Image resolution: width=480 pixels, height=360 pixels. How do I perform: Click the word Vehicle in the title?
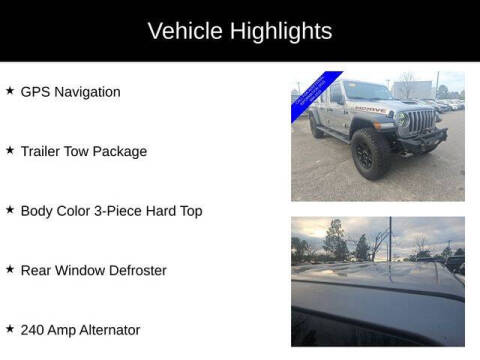tap(181, 31)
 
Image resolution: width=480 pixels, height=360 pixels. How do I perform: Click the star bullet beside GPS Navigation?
tap(10, 91)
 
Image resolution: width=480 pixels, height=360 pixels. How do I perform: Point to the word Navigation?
tap(89, 92)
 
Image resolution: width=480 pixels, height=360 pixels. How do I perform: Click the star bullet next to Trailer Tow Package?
tap(10, 151)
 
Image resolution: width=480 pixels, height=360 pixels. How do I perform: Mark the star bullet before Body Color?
tap(10, 210)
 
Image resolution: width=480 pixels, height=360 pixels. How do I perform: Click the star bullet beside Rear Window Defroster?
tap(10, 270)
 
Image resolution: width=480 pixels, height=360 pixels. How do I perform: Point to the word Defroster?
tap(135, 271)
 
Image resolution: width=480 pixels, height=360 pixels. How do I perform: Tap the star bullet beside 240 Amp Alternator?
tap(10, 329)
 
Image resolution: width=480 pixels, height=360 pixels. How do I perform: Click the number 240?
tap(34, 330)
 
